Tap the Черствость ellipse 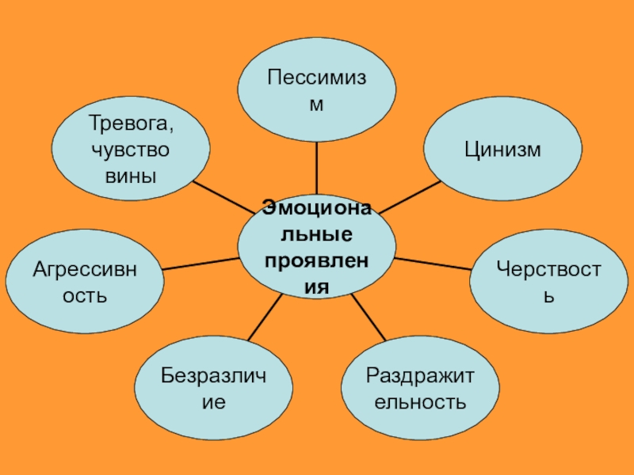548,280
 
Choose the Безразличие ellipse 213,389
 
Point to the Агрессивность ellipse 85,280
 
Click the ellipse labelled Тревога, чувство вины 131,150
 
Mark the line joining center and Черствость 432,264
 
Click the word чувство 131,150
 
